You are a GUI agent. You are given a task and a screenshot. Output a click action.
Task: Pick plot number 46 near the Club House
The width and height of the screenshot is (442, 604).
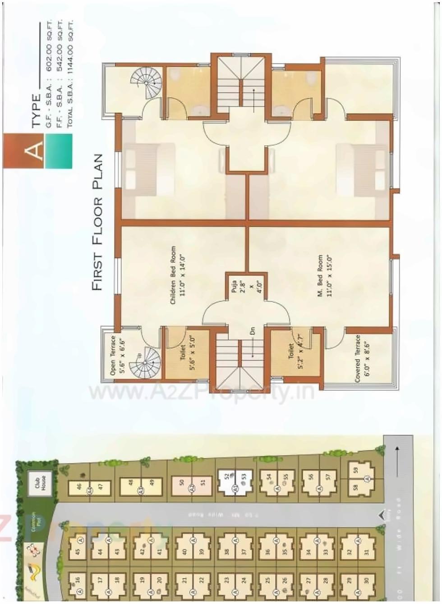click(79, 486)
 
